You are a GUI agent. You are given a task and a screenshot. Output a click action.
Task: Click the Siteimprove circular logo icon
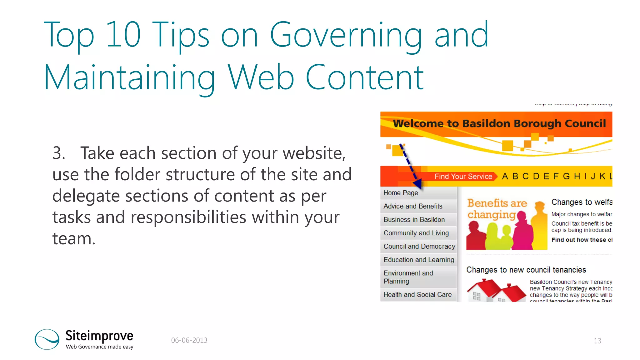47,339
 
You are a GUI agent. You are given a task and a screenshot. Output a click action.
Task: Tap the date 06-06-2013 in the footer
189,340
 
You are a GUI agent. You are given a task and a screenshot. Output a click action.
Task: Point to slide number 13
597,341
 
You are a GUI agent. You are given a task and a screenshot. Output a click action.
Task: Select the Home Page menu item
401,193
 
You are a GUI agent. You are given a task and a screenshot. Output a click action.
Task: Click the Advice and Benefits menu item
413,206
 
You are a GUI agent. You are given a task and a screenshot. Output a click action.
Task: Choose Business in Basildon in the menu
414,220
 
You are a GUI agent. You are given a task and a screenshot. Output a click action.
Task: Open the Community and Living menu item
416,233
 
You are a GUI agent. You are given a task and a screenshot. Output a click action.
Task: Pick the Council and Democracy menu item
419,247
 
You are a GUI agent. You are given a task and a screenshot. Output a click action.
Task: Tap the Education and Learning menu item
419,260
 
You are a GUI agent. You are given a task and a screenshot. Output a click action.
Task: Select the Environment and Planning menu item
408,277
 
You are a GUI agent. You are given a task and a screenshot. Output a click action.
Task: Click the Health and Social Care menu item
417,295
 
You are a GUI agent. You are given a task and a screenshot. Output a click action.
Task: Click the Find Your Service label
463,177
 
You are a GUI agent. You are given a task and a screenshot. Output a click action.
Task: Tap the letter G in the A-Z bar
566,177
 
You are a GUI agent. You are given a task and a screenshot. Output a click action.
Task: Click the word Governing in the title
346,35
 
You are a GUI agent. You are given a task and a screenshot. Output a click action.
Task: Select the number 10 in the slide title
123,35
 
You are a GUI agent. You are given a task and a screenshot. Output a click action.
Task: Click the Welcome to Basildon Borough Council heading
499,123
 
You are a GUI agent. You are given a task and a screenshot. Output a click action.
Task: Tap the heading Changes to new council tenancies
526,270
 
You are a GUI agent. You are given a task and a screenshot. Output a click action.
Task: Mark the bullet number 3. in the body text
59,153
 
